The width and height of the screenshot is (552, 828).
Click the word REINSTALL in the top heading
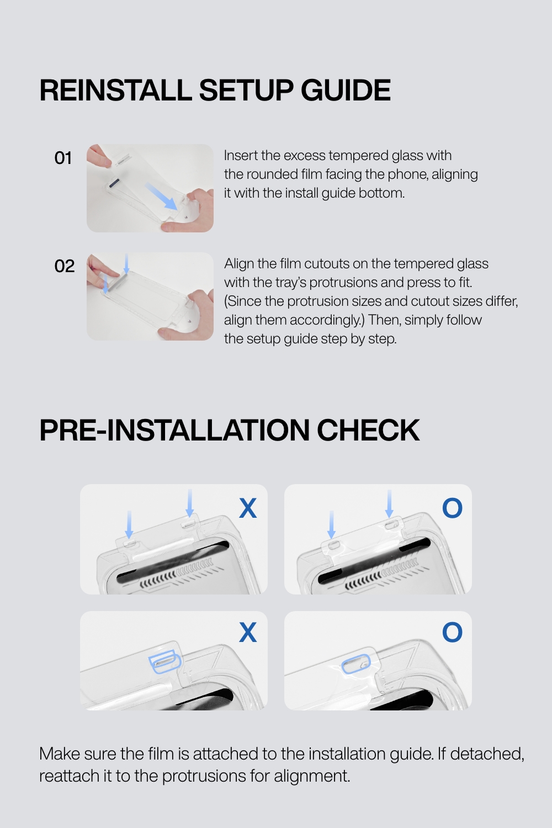coord(115,90)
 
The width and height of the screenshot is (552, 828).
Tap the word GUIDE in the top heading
coord(346,90)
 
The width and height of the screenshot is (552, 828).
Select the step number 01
coord(63,158)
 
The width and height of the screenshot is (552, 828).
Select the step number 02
coord(65,266)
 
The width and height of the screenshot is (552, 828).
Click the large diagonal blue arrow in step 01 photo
coord(161,197)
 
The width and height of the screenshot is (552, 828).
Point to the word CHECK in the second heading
coord(368,430)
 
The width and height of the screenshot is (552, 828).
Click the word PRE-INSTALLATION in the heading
coord(174,430)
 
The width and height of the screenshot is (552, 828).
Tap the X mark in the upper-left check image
coord(248,508)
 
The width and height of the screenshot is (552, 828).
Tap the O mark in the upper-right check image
coord(452,508)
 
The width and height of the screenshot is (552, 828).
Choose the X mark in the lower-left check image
coord(248,632)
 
